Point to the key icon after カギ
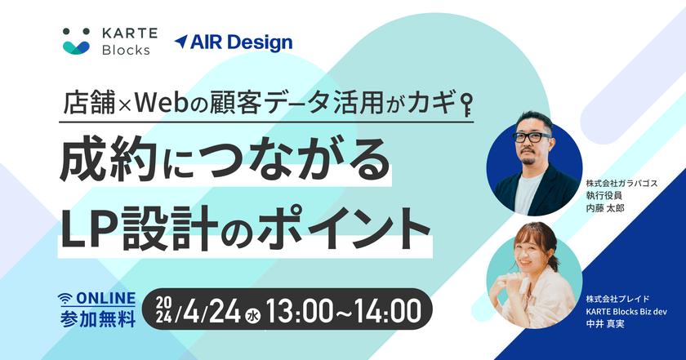[468, 104]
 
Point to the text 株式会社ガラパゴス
[621, 184]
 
